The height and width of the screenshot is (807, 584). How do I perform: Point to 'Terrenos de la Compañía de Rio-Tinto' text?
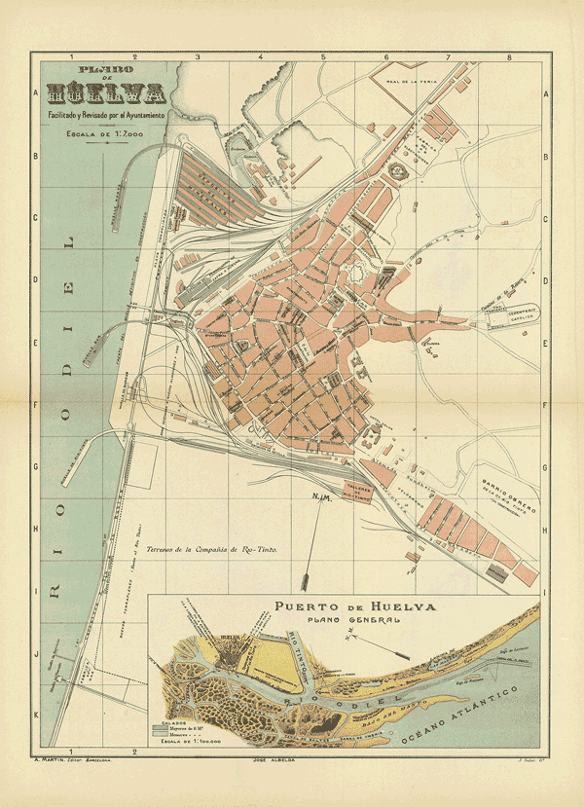click(211, 550)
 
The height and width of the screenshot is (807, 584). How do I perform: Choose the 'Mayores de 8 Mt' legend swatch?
click(160, 726)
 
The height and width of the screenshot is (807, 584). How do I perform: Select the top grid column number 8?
click(509, 57)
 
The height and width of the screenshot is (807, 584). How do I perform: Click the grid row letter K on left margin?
click(36, 715)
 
